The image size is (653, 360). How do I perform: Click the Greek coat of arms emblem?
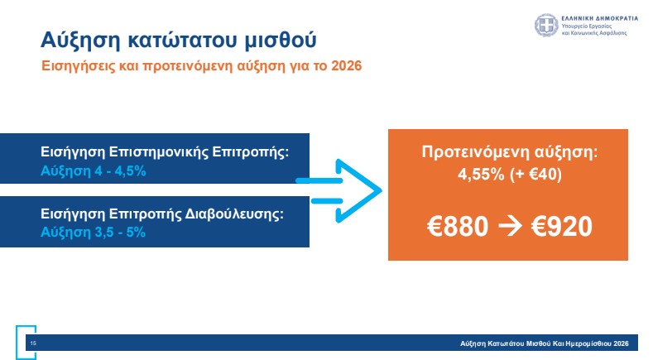[x=546, y=25]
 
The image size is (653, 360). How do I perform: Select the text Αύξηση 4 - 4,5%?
[x=94, y=171]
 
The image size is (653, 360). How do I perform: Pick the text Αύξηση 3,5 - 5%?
[x=93, y=233]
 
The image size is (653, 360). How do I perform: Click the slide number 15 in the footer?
[x=33, y=343]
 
